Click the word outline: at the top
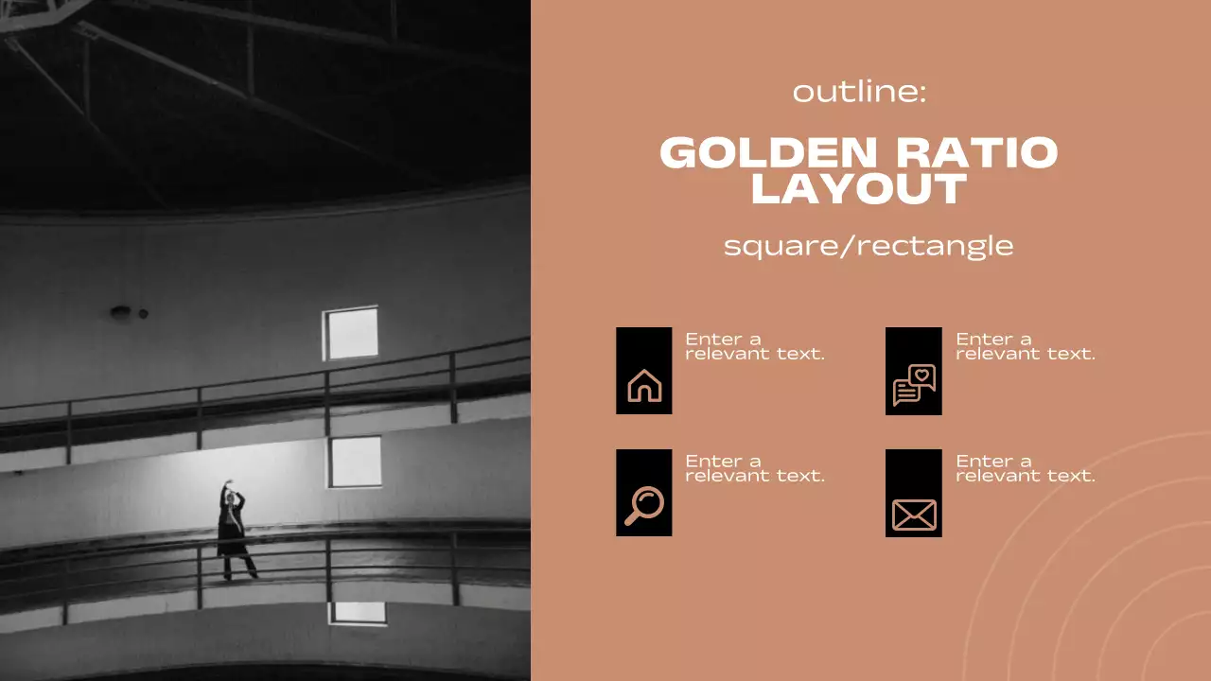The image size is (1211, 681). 859,93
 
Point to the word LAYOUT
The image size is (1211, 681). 858,189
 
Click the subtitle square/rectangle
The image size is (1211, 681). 868,246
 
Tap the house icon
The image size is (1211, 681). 644,386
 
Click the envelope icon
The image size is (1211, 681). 914,515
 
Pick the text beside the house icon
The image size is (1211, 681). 754,346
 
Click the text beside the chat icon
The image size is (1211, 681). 1025,346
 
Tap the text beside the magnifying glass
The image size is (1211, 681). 754,468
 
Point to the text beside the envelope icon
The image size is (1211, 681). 1025,468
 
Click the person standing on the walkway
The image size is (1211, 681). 234,534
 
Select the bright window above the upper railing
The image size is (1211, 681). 350,333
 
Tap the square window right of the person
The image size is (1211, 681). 355,462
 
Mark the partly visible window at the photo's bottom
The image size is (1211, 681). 357,613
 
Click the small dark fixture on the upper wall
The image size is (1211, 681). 121,310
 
